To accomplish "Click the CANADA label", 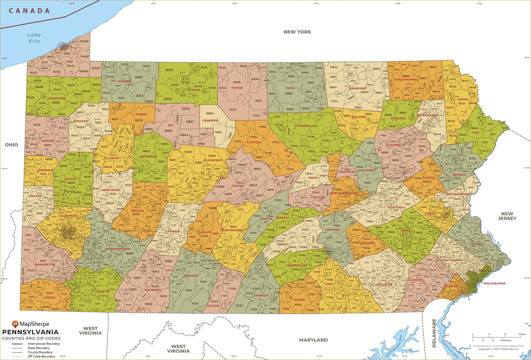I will (29, 11).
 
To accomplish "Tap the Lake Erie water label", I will (34, 38).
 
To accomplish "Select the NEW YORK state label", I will (297, 32).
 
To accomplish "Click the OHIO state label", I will (11, 145).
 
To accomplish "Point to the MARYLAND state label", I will (313, 340).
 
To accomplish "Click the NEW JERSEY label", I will (507, 216).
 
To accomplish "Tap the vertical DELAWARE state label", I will (434, 333).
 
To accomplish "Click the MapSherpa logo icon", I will (15, 324).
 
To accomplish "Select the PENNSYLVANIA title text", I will (30, 332).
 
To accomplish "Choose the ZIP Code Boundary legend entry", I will (41, 356).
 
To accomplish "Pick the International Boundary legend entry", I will (43, 344).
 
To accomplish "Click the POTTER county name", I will (237, 88).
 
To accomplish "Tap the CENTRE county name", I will (238, 186).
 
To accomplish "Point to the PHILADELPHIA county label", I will (494, 283).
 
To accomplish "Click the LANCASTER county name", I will (383, 284).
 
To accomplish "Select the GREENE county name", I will (49, 297).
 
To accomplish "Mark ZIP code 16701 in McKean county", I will (169, 70).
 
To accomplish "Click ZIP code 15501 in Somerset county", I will (137, 278).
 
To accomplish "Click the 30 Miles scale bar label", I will (522, 334).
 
